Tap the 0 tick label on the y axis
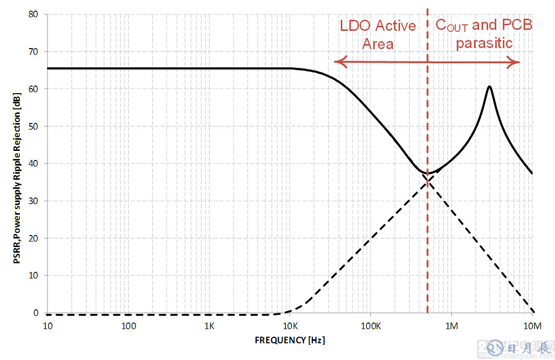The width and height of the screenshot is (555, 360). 36,313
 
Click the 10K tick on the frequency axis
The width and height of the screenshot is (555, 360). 290,325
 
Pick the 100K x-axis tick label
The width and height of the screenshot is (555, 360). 371,325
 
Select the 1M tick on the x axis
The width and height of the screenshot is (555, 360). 451,325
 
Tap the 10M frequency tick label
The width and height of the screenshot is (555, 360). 532,325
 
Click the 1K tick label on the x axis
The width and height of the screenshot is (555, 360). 210,325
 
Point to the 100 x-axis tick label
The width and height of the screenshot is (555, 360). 129,325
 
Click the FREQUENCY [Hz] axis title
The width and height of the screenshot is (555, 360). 290,340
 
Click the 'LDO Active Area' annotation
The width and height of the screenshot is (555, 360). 378,34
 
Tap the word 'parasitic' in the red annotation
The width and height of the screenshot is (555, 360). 484,43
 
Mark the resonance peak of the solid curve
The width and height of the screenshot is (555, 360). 489,87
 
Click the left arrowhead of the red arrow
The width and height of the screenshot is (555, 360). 336,62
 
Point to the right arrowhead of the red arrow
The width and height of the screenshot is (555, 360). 518,62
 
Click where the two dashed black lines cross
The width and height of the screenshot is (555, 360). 427,181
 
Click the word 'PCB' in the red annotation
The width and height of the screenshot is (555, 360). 517,25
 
